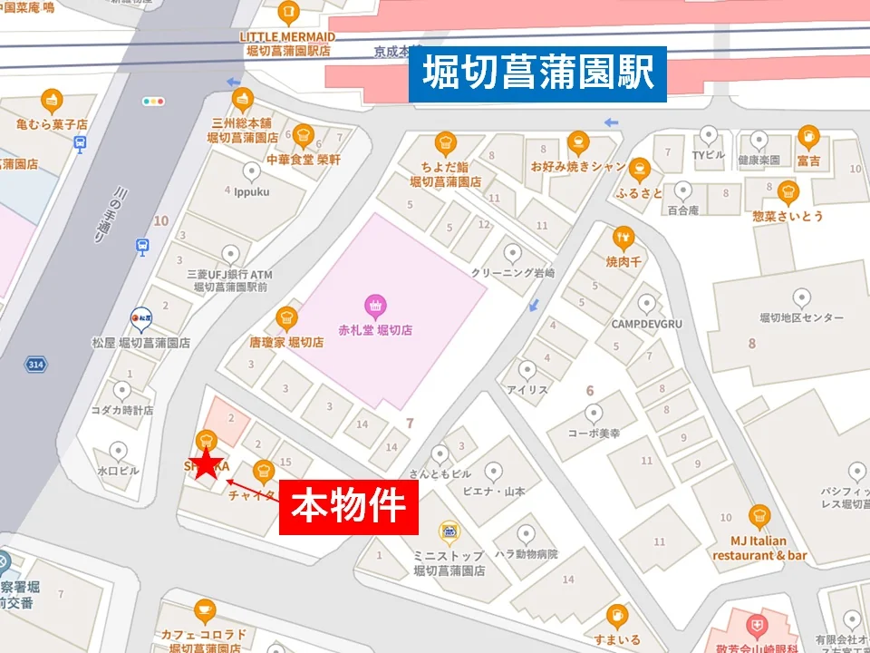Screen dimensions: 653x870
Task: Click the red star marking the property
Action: coord(208,463)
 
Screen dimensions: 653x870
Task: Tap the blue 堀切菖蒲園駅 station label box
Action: coord(537,73)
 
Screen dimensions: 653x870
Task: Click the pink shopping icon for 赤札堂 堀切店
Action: coord(373,305)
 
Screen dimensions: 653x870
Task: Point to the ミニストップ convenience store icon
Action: coord(448,531)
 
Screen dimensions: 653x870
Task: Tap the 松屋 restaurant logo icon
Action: coord(140,317)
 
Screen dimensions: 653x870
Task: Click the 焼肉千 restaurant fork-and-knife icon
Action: coord(623,239)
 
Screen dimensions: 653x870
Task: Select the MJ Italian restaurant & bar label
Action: coord(759,548)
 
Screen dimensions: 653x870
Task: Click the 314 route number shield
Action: coord(36,364)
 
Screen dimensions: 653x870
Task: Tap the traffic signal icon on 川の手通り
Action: coord(153,102)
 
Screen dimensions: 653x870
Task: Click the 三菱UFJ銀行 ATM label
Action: coord(229,280)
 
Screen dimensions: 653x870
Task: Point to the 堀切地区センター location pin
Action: coord(801,297)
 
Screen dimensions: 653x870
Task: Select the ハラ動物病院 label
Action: coord(526,553)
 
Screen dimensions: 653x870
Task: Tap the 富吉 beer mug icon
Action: coord(807,138)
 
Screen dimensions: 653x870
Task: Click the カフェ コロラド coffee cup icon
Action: coord(205,610)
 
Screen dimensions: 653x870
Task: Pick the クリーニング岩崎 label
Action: coord(512,272)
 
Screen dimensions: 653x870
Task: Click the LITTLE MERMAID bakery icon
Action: coord(287,13)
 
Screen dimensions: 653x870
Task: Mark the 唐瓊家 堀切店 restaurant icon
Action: coord(287,318)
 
